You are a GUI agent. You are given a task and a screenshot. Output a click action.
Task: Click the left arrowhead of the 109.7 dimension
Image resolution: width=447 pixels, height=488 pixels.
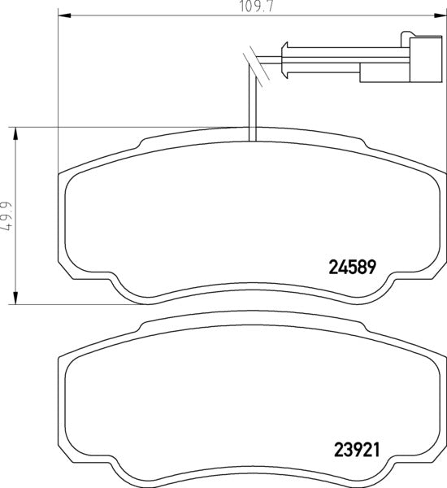(63, 15)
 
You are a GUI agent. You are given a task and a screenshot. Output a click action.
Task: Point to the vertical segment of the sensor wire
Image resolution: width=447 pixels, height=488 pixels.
(254, 106)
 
